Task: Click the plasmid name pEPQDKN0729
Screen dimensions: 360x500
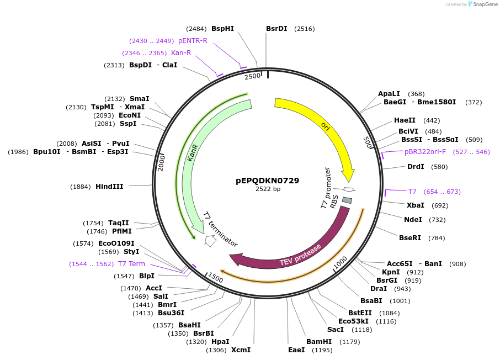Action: pos(268,181)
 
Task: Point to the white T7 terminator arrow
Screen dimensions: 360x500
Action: pos(210,241)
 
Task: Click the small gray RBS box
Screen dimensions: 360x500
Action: pos(347,199)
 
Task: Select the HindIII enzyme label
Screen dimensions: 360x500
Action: pos(109,187)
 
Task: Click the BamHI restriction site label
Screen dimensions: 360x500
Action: pos(319,342)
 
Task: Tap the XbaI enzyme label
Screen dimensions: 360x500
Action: pos(416,205)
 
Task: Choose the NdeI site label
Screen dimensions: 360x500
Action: pos(413,220)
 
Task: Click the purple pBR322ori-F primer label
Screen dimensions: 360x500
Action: pos(424,152)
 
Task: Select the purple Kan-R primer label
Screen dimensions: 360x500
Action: pos(181,53)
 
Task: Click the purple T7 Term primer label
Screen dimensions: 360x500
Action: pos(131,264)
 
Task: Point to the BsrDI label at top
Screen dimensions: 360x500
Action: pos(276,29)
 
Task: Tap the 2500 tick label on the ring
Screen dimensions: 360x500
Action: pos(252,76)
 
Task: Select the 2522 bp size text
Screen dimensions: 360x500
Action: pos(268,189)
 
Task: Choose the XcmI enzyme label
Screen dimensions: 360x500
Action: pos(241,350)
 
